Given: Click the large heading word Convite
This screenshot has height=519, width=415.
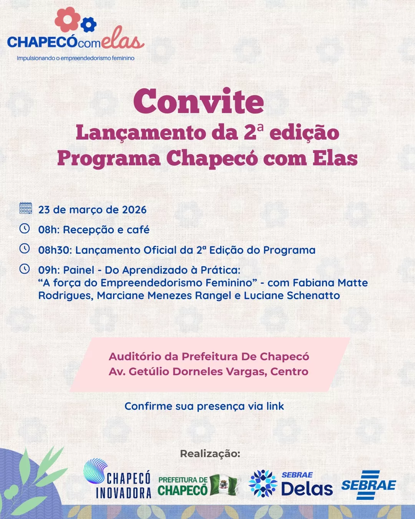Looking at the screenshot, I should (199, 101).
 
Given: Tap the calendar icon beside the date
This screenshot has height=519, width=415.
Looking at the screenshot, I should (26, 208).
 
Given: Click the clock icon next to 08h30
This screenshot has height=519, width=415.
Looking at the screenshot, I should (25, 249).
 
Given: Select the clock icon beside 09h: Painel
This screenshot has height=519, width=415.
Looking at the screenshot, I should (25, 269).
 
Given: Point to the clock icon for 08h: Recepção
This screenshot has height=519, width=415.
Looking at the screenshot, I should (25, 229).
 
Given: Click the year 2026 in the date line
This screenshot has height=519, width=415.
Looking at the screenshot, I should (134, 210).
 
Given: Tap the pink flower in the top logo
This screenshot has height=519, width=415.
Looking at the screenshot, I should (68, 19).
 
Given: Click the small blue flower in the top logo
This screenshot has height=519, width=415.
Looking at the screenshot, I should (89, 25).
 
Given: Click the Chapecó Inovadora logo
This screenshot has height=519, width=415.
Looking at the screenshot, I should (117, 479).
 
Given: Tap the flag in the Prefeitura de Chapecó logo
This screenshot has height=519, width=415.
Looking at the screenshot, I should (224, 484).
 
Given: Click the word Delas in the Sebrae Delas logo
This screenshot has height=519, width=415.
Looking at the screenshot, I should (307, 489).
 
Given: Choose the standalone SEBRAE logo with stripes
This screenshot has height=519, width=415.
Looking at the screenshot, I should (369, 485).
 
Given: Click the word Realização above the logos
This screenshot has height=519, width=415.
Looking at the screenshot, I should (210, 454).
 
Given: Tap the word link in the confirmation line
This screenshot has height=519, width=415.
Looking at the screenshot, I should (275, 406).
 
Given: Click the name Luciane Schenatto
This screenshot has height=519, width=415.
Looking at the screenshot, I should (292, 296).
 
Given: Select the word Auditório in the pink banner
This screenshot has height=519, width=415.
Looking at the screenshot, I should (135, 357).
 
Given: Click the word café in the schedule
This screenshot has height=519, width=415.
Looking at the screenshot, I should (138, 230).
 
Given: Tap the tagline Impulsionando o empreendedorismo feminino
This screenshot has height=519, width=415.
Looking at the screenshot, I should (75, 58).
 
